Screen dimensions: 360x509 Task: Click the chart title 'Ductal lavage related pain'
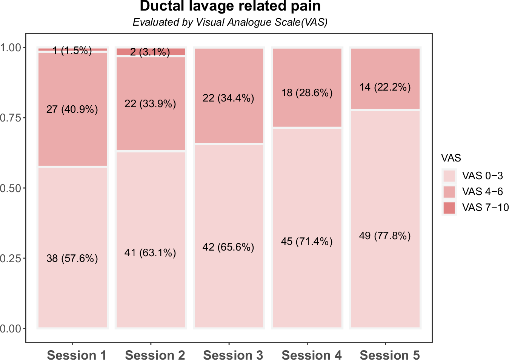pyautogui.click(x=230, y=6)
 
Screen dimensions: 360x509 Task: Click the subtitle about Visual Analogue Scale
pyautogui.click(x=230, y=22)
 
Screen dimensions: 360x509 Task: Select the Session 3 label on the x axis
pyautogui.click(x=233, y=355)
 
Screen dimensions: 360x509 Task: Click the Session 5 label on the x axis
pyautogui.click(x=389, y=355)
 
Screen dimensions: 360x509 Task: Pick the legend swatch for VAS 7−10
pyautogui.click(x=449, y=208)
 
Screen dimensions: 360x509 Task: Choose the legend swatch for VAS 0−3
pyautogui.click(x=449, y=176)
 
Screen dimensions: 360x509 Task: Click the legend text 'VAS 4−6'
pyautogui.click(x=482, y=192)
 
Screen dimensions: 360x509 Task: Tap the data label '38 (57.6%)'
pyautogui.click(x=72, y=258)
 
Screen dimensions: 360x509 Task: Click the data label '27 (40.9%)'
pyautogui.click(x=72, y=109)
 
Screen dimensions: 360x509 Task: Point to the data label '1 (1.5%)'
pyautogui.click(x=72, y=51)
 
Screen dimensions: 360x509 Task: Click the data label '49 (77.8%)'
pyautogui.click(x=385, y=236)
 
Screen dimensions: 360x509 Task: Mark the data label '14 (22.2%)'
pyautogui.click(x=385, y=87)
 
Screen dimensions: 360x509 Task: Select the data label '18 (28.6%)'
pyautogui.click(x=307, y=93)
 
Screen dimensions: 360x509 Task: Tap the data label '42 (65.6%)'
pyautogui.click(x=228, y=247)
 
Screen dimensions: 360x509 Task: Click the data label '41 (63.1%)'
pyautogui.click(x=150, y=253)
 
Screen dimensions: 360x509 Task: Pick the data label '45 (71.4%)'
pyautogui.click(x=307, y=242)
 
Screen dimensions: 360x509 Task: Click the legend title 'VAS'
pyautogui.click(x=451, y=158)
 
